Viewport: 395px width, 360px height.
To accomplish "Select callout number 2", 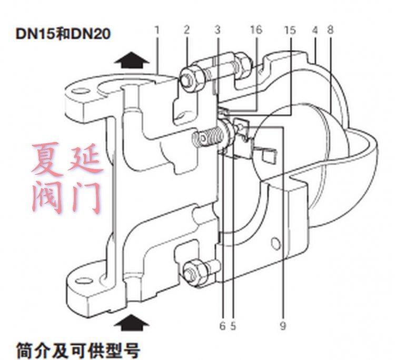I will (x=186, y=30).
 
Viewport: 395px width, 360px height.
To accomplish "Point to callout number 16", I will (x=256, y=30).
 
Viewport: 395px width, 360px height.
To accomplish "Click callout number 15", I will (x=290, y=30).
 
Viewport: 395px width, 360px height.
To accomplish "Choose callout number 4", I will (x=314, y=30).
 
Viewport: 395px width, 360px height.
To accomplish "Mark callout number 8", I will (x=330, y=30).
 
